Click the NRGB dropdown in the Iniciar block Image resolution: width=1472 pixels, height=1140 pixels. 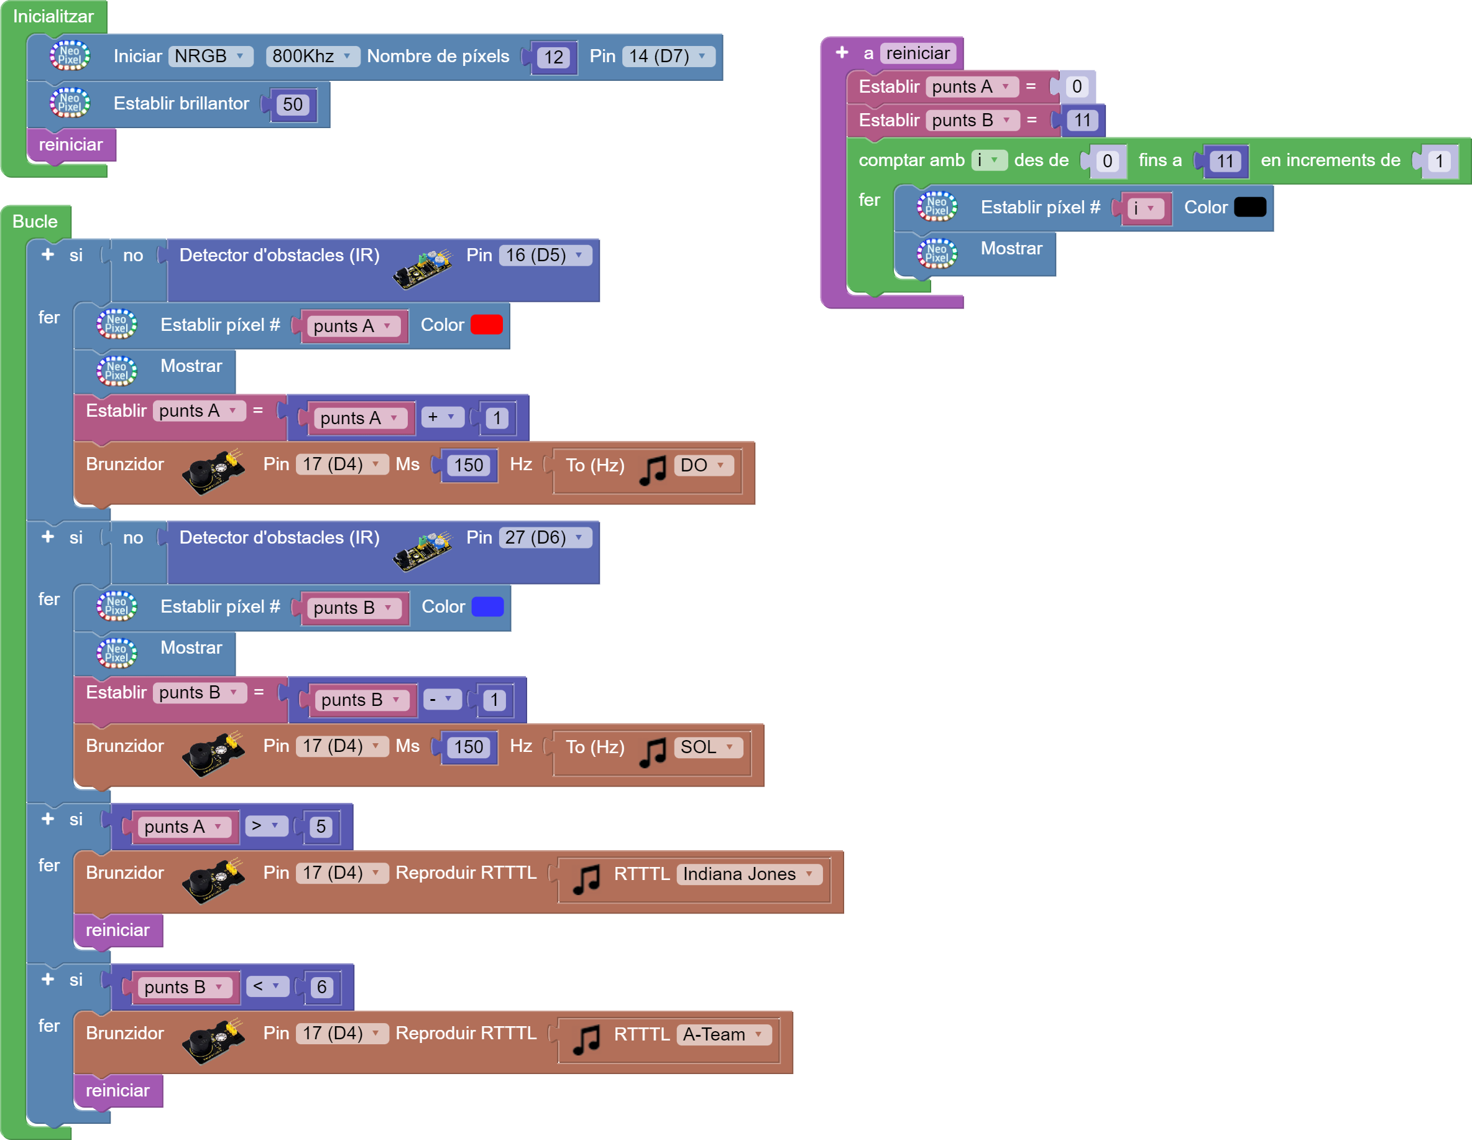point(209,56)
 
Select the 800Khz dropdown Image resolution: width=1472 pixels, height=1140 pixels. point(311,56)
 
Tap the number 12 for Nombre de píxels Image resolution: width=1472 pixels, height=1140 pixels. point(553,57)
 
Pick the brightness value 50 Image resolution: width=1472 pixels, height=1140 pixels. point(293,104)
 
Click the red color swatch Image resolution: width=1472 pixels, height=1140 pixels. point(486,325)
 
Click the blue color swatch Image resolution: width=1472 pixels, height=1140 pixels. point(487,607)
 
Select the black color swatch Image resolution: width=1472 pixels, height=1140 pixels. point(1249,208)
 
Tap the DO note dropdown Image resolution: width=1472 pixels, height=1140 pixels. point(703,465)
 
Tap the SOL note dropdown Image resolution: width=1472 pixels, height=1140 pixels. point(707,747)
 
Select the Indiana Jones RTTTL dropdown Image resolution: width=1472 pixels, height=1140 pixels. point(748,874)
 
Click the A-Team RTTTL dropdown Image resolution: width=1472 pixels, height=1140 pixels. point(722,1034)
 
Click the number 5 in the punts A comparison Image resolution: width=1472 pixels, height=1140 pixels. point(321,827)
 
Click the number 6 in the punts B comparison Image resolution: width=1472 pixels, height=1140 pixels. point(321,987)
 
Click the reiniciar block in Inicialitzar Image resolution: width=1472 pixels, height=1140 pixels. point(71,145)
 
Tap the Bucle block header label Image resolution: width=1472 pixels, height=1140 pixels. point(35,222)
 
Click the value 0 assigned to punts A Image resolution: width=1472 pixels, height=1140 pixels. point(1077,87)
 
